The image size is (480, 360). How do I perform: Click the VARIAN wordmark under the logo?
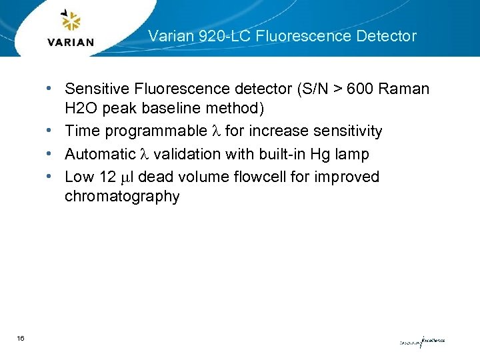click(71, 42)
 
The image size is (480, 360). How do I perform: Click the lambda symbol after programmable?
click(215, 131)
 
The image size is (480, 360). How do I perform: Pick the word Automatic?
click(100, 154)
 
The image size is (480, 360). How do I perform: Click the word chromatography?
click(122, 197)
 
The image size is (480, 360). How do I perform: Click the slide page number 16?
click(21, 339)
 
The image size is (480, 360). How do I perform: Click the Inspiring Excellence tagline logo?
click(422, 341)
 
